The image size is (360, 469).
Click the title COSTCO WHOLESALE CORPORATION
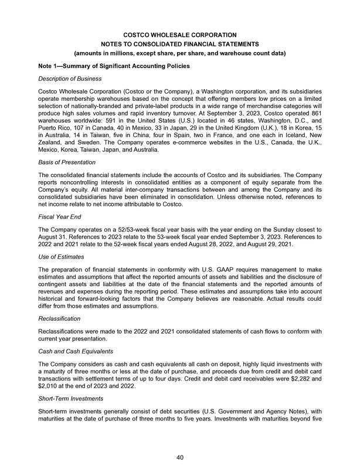(x=180, y=35)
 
